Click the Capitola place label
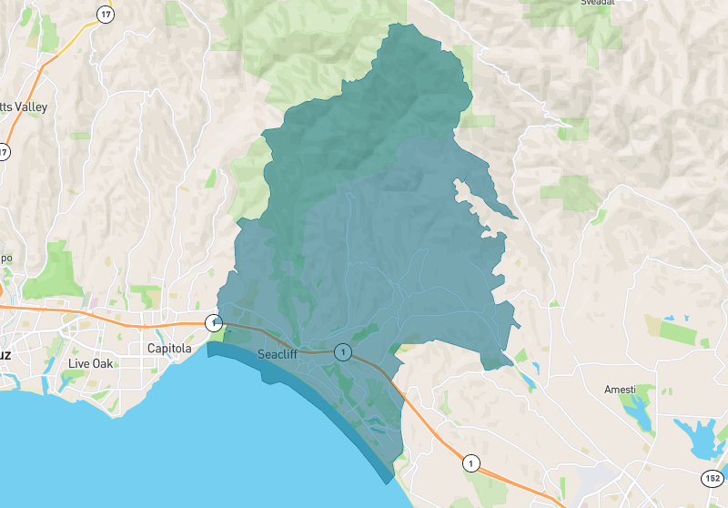pos(169,349)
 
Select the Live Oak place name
pos(92,364)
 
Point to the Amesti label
pos(621,390)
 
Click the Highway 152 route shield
pos(712,478)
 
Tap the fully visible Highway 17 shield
pos(107,15)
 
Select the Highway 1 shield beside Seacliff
pos(342,351)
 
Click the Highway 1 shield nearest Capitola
pos(213,322)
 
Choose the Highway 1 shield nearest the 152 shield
pos(470,462)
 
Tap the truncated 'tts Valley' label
pos(24,107)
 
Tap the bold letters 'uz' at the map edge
pos(5,355)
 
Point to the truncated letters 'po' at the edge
pos(5,258)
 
